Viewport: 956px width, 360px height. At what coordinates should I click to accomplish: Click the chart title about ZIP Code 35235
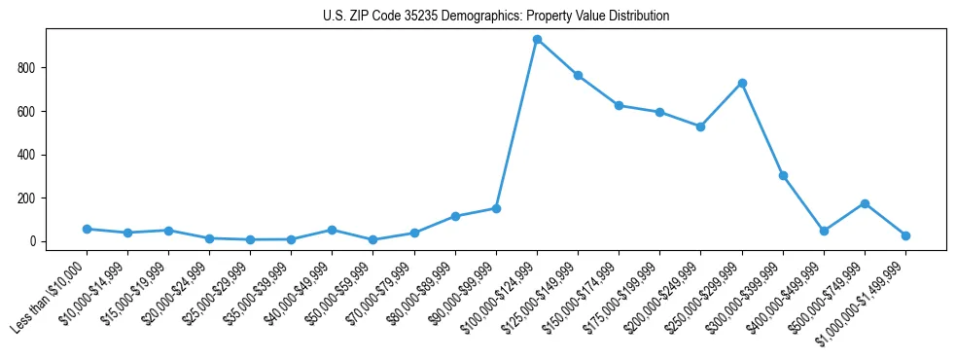pyautogui.click(x=496, y=17)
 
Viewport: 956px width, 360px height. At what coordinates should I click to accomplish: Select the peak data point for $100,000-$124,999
pyautogui.click(x=537, y=40)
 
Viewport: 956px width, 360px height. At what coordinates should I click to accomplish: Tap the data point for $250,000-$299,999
pyautogui.click(x=742, y=83)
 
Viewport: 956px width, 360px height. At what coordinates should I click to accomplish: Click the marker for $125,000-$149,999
pyautogui.click(x=578, y=75)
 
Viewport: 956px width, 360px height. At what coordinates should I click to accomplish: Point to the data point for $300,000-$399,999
pyautogui.click(x=783, y=176)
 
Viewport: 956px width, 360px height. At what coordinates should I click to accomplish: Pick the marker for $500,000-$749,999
pyautogui.click(x=865, y=203)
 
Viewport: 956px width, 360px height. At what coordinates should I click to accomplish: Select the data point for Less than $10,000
pyautogui.click(x=87, y=229)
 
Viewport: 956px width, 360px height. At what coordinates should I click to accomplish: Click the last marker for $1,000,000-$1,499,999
pyautogui.click(x=905, y=235)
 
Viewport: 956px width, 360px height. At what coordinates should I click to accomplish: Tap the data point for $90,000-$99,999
pyautogui.click(x=496, y=208)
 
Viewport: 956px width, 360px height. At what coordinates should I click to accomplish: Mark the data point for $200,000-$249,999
pyautogui.click(x=700, y=126)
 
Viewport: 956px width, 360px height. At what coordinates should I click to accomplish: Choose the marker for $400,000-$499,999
pyautogui.click(x=824, y=231)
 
